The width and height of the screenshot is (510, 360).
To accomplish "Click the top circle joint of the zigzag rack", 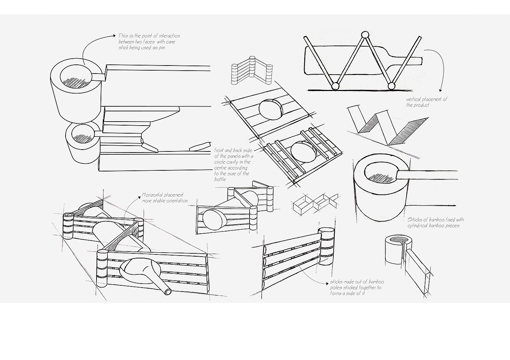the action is tap(365, 35).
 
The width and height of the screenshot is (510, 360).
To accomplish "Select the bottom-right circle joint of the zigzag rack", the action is tap(392, 86).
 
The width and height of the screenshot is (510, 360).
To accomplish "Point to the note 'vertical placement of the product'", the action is tap(427, 102).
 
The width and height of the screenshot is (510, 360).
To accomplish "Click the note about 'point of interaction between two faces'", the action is tap(149, 41).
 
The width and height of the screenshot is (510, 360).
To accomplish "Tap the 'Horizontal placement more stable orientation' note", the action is tap(165, 198).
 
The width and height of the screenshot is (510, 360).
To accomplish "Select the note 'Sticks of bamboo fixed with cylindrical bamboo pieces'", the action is tap(435, 222).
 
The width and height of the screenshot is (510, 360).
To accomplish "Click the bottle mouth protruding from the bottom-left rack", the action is tap(168, 292).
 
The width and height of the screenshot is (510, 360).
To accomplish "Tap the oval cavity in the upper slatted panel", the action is tap(270, 108).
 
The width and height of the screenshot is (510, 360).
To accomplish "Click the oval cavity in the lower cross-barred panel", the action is tap(303, 152).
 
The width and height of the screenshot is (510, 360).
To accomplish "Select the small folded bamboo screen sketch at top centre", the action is tap(251, 71).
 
